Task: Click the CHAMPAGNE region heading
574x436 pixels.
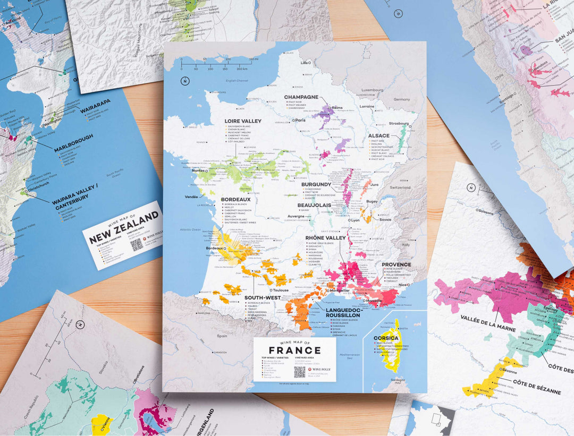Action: (x=301, y=97)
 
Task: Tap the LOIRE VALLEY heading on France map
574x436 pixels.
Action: (x=243, y=121)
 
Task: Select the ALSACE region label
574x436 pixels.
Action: (x=379, y=135)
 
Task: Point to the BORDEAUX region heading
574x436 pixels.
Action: (x=235, y=200)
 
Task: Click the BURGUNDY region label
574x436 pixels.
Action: (x=316, y=184)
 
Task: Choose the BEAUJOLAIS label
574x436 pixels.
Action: (x=314, y=205)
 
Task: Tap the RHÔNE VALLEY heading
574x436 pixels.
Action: (x=326, y=238)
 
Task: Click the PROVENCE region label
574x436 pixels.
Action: (x=396, y=264)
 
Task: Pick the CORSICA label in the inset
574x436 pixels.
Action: (x=386, y=338)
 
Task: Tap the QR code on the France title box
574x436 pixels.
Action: (x=300, y=372)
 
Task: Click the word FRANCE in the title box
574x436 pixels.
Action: (x=294, y=350)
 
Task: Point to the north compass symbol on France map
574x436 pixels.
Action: (x=184, y=81)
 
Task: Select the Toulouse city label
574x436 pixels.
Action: (x=281, y=290)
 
